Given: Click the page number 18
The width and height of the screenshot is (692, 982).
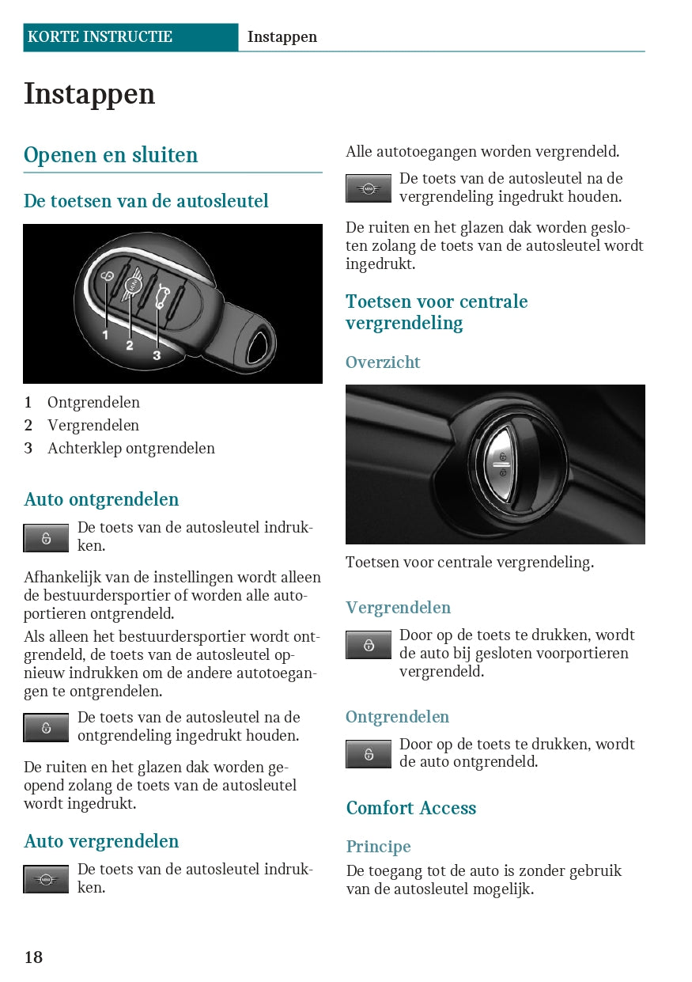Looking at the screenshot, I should click(33, 957).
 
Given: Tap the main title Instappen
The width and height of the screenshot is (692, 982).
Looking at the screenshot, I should click(89, 94).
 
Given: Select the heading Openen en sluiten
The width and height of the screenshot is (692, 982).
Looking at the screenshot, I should click(111, 155).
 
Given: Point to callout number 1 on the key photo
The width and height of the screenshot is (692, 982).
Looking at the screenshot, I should click(105, 336).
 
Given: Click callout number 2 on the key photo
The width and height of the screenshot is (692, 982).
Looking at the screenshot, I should click(130, 346).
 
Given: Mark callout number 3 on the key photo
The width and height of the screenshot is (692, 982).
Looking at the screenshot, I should click(157, 356).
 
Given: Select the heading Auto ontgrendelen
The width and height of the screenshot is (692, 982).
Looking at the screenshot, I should click(101, 499).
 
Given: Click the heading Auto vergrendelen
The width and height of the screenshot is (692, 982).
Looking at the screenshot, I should click(101, 841).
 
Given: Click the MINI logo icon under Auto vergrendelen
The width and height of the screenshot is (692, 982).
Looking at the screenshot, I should click(46, 879).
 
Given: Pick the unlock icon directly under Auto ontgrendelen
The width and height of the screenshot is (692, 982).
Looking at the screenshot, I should click(46, 538).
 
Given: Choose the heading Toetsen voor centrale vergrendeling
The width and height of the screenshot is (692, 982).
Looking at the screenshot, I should click(437, 312).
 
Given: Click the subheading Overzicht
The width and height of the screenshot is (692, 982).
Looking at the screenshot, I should click(383, 362).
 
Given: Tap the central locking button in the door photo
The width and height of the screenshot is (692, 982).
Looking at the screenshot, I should click(501, 464).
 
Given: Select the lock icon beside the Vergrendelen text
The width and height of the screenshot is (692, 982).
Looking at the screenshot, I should click(369, 645).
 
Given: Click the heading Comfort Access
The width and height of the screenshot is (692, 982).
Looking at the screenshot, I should click(411, 808).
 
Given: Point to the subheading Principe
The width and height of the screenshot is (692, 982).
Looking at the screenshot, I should click(378, 847).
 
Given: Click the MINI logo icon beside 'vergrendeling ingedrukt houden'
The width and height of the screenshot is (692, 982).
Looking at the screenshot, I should click(369, 188).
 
